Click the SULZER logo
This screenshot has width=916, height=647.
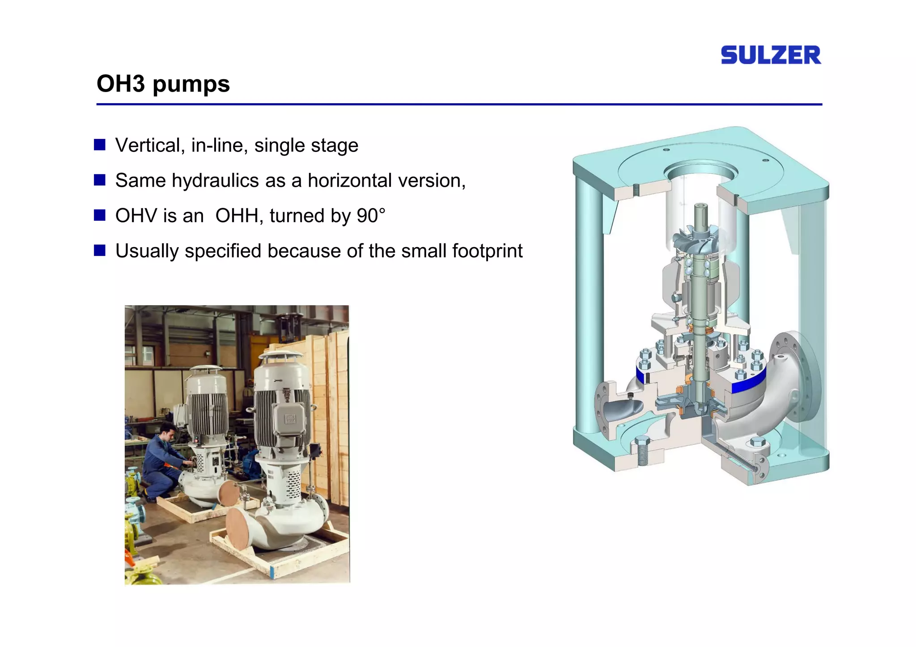[771, 55]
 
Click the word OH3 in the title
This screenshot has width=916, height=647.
[120, 84]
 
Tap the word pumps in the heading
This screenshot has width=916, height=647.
[191, 85]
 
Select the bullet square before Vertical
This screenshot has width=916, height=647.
[99, 145]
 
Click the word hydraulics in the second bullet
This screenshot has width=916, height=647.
[216, 181]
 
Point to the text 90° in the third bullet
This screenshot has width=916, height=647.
[371, 216]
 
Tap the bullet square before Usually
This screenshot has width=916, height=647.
[99, 251]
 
